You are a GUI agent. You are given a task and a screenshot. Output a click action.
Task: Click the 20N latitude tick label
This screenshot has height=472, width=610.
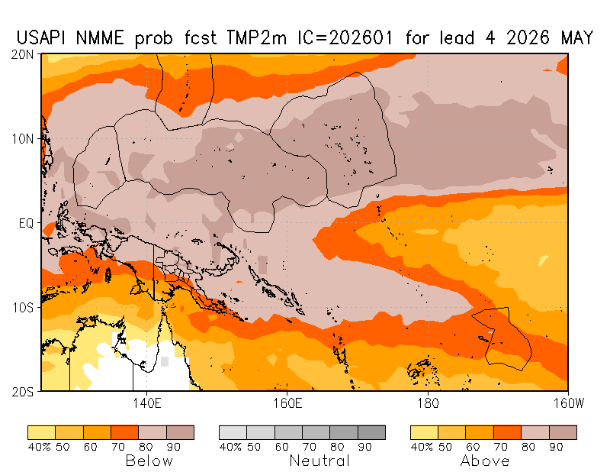(26, 54)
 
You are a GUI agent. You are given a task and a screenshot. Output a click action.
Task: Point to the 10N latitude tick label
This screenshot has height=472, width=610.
(26, 138)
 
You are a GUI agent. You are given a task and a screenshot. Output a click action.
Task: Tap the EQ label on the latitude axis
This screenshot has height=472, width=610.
(28, 223)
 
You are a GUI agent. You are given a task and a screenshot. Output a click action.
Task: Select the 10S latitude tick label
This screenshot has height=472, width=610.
(26, 307)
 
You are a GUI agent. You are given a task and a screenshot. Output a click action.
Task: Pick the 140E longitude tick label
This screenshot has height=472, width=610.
(145, 402)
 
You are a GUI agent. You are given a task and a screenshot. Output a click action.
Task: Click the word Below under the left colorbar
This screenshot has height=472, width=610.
(149, 461)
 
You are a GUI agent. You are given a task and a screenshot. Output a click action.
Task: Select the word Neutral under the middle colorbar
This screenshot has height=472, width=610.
(319, 461)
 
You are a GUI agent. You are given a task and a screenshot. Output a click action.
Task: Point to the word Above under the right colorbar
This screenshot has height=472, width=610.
(485, 461)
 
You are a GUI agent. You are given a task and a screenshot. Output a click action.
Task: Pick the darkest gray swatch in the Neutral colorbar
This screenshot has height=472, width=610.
(371, 432)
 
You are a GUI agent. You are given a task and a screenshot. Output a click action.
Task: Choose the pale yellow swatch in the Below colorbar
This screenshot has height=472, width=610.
(41, 432)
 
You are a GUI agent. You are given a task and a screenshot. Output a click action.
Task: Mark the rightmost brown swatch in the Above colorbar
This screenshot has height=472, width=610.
(563, 432)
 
